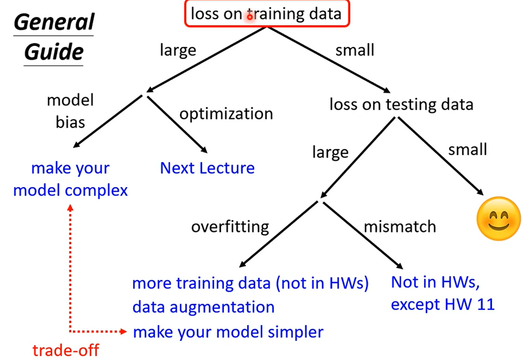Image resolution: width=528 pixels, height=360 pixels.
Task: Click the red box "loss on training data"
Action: click(x=267, y=1)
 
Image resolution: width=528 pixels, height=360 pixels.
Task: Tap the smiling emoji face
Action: click(x=499, y=219)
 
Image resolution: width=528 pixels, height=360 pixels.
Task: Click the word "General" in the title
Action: click(x=54, y=22)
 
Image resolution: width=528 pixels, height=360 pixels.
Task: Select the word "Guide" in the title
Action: click(x=54, y=52)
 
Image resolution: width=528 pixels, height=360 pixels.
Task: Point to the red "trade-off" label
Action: click(x=66, y=350)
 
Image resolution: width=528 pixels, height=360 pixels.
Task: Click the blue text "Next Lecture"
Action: click(x=207, y=168)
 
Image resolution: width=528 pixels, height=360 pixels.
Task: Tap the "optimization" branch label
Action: click(x=226, y=114)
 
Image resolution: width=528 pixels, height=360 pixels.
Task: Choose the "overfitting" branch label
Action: click(x=230, y=227)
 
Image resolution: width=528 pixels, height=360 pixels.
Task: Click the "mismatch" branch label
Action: click(x=400, y=227)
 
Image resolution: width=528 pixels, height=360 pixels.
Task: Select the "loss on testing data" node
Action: click(x=401, y=105)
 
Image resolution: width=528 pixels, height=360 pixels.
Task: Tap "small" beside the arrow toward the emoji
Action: click(x=467, y=149)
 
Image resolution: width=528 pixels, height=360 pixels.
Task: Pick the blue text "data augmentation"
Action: click(x=203, y=307)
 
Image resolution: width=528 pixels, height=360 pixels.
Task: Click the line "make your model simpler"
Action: click(x=228, y=332)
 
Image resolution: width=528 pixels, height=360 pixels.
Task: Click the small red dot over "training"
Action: click(x=250, y=17)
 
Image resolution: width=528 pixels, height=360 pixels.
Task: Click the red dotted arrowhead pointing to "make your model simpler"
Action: click(x=123, y=331)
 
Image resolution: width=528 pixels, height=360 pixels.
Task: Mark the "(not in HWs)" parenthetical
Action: click(x=322, y=283)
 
